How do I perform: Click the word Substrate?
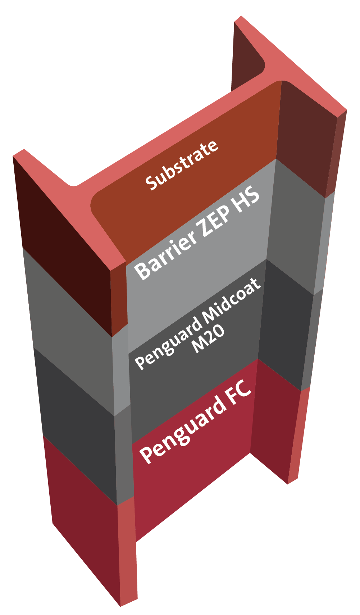pos(182,165)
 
